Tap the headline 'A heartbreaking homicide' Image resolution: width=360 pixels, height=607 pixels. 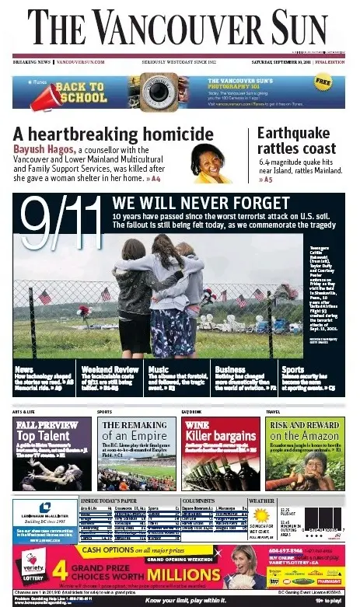point(97,132)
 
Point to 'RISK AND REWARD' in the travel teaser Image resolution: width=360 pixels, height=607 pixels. point(304,424)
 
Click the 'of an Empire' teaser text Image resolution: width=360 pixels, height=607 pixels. point(135,437)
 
